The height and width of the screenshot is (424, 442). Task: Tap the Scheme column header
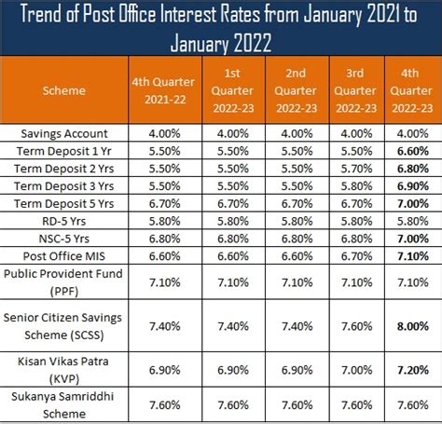coord(64,91)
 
